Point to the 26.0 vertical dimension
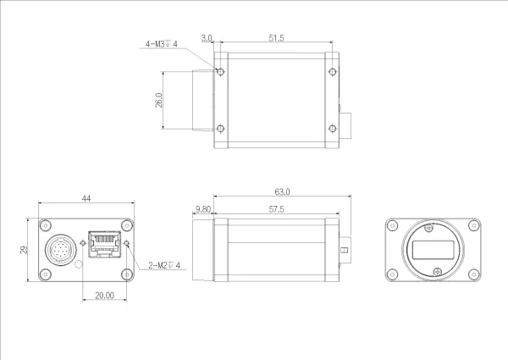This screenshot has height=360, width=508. pos(158,100)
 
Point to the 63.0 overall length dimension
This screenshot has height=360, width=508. pos(282,192)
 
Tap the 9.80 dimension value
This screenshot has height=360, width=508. pos(202,208)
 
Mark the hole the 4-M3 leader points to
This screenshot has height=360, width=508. pos(221,72)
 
